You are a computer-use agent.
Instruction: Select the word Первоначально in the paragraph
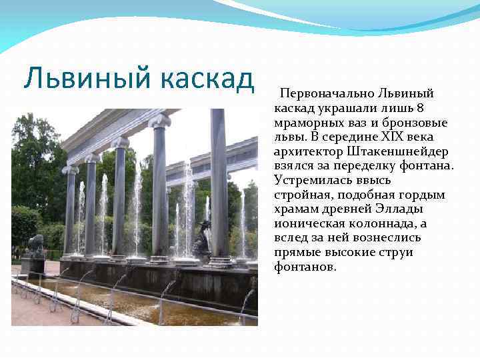coord(327,94)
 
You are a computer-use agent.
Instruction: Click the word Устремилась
coord(308,180)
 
